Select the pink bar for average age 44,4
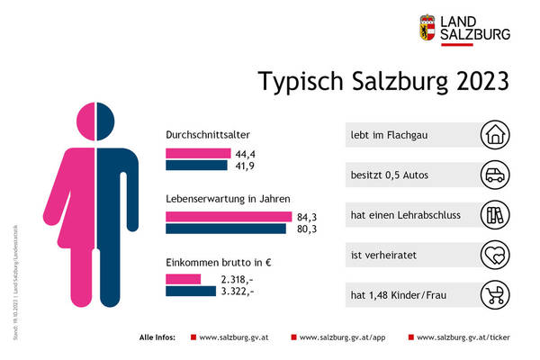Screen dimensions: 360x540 point(187,153)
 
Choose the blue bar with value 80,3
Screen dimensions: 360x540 point(227,229)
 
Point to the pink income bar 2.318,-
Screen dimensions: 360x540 point(183,280)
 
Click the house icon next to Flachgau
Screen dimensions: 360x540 point(495,135)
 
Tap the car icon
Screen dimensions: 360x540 point(495,174)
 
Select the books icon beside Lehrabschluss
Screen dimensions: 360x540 point(495,216)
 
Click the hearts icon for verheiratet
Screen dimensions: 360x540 point(495,256)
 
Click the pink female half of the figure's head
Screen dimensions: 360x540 point(88,119)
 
